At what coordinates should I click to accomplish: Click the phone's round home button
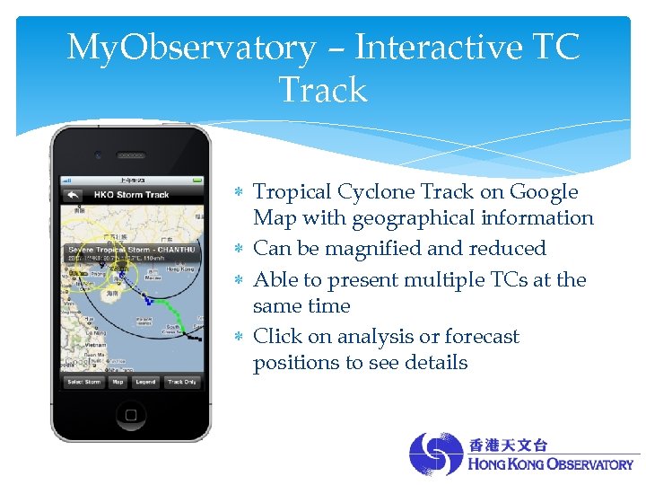click(x=130, y=414)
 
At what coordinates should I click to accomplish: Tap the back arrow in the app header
click(x=73, y=195)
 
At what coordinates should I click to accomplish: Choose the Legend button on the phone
click(x=144, y=382)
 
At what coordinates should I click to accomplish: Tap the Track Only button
click(x=182, y=382)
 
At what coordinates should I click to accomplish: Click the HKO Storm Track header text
click(x=131, y=195)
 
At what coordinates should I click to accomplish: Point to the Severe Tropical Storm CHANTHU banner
click(x=131, y=251)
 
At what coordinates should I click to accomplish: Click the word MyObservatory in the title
click(x=191, y=48)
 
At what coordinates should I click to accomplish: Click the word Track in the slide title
click(x=323, y=90)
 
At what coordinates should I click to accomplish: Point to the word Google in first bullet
click(x=544, y=191)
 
